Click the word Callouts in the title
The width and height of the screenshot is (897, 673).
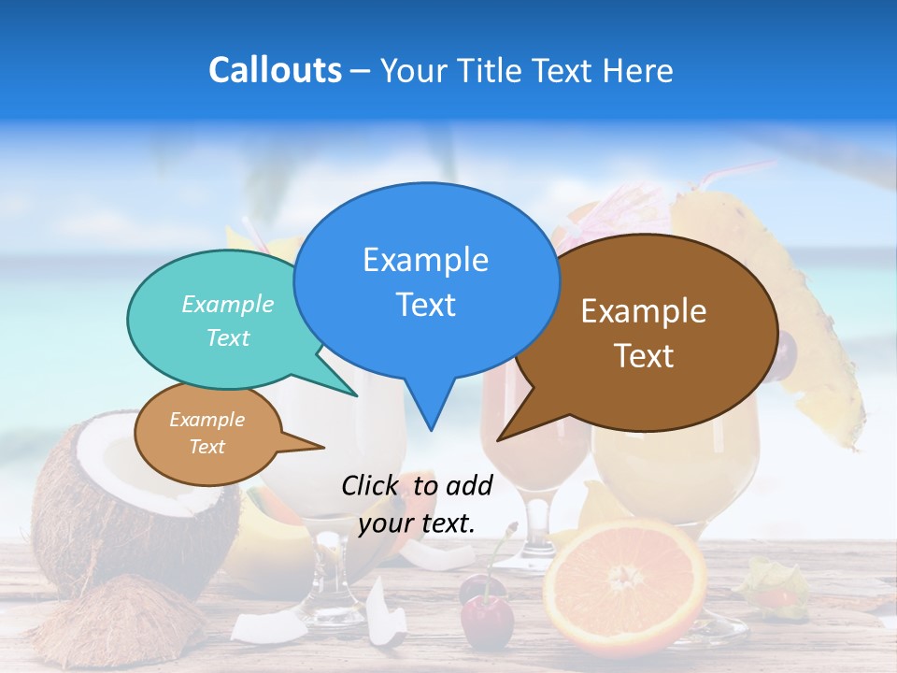pos(276,70)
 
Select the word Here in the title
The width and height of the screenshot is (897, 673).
pos(637,70)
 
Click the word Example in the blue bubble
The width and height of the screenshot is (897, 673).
pos(425,260)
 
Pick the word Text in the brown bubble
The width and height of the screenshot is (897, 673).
pos(644,356)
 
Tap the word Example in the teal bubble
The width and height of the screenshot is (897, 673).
pos(228,304)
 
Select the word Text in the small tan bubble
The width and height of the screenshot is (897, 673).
pos(207,447)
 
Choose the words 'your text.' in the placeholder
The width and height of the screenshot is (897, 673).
pos(417,523)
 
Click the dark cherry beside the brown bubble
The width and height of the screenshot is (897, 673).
pos(787,351)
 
